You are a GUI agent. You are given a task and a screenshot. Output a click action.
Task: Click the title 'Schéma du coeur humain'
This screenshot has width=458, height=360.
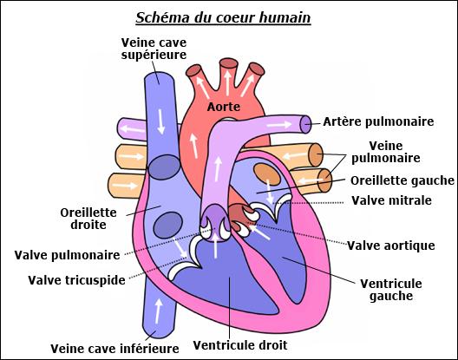point(223,18)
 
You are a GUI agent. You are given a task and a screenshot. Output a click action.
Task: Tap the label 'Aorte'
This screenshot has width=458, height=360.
point(224,107)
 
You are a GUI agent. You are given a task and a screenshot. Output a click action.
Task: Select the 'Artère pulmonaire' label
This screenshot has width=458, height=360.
point(378,121)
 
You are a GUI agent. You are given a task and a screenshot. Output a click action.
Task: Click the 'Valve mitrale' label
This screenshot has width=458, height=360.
point(391,200)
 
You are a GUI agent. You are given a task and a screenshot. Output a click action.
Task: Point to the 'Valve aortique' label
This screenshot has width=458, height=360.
point(391,245)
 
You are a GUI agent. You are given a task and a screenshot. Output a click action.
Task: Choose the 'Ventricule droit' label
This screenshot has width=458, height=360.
point(240,345)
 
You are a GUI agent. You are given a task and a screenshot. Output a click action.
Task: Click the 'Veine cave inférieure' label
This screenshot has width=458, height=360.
point(114,349)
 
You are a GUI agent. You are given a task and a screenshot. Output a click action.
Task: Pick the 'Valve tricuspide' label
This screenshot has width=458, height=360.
point(76,280)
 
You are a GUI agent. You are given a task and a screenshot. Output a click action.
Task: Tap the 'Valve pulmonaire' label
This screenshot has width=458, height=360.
point(67,255)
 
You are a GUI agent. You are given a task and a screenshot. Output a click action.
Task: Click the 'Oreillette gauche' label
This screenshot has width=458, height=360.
point(402,180)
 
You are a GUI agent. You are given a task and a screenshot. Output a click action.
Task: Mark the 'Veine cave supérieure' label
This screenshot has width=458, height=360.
point(154,49)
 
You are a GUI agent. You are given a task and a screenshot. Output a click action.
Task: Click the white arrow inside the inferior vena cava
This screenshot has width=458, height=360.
point(159,311)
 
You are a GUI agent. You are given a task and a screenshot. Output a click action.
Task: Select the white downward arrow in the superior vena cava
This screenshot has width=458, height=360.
point(161,121)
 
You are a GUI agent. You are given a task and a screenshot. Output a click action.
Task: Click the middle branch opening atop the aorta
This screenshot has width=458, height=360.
point(229,63)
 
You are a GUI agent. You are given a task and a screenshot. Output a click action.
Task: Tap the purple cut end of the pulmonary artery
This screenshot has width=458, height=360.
point(305,124)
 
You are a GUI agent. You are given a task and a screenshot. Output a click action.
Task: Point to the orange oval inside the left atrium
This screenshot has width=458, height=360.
point(267,174)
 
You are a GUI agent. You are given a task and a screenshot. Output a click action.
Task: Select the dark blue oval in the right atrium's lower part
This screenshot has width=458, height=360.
point(168,225)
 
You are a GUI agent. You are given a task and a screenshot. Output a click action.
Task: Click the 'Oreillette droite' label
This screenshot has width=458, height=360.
point(88,219)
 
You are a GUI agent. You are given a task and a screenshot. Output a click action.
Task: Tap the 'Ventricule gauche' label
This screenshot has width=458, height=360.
point(391,290)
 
